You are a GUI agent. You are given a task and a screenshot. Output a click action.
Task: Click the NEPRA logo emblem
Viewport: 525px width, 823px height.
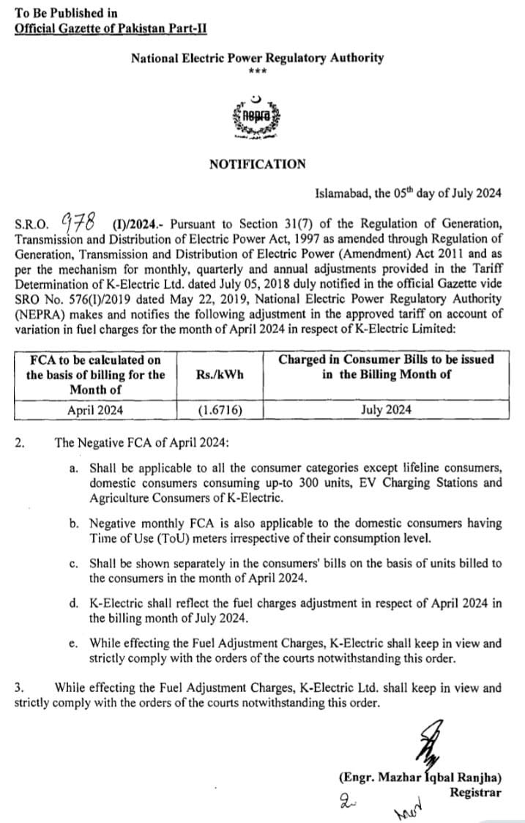[x=256, y=116]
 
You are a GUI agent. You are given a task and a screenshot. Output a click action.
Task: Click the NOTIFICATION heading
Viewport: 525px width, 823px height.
[x=257, y=164]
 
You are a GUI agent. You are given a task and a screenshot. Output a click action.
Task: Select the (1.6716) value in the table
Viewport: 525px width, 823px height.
[x=220, y=410]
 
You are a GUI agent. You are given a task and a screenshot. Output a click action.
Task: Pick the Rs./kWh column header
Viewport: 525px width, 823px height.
[x=220, y=374]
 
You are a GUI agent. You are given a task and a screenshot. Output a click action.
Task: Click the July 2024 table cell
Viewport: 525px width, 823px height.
[x=386, y=410]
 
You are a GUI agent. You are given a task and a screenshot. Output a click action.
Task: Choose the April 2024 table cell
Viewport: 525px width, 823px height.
[x=95, y=410]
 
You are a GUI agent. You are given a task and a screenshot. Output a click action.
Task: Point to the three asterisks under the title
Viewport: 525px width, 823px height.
[x=257, y=72]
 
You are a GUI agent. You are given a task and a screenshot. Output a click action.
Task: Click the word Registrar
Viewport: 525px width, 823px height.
[x=475, y=792]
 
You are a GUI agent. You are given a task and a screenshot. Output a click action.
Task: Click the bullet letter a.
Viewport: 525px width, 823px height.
[x=74, y=467]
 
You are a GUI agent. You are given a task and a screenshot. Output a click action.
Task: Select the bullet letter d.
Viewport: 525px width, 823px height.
[x=74, y=603]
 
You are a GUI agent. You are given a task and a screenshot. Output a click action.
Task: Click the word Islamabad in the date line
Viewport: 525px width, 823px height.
[x=341, y=193]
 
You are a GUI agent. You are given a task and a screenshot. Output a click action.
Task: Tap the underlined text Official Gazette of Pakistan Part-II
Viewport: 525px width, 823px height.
[x=111, y=29]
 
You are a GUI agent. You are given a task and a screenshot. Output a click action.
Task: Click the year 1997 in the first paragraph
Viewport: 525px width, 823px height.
[x=291, y=239]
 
